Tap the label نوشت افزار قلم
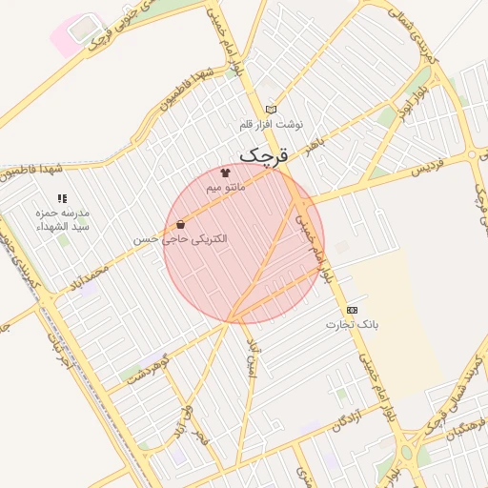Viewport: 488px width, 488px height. coord(272,125)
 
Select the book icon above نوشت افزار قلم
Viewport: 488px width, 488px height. coord(271,110)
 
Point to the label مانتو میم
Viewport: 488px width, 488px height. coord(226,188)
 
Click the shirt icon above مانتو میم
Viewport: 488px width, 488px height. coord(225,173)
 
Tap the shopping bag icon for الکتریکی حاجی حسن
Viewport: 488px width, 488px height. coord(180,225)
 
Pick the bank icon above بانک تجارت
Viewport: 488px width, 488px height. coord(353,310)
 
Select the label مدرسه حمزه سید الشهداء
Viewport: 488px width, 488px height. coord(62,220)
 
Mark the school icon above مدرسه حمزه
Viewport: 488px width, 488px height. coord(62,199)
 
